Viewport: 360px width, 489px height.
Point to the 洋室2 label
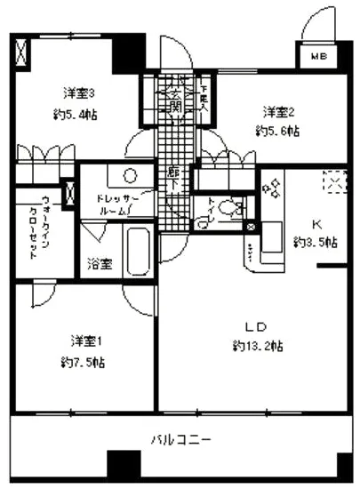(x=278, y=111)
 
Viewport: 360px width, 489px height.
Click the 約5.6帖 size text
(x=278, y=132)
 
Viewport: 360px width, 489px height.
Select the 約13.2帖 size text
(x=258, y=346)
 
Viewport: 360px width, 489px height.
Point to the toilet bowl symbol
(x=229, y=210)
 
